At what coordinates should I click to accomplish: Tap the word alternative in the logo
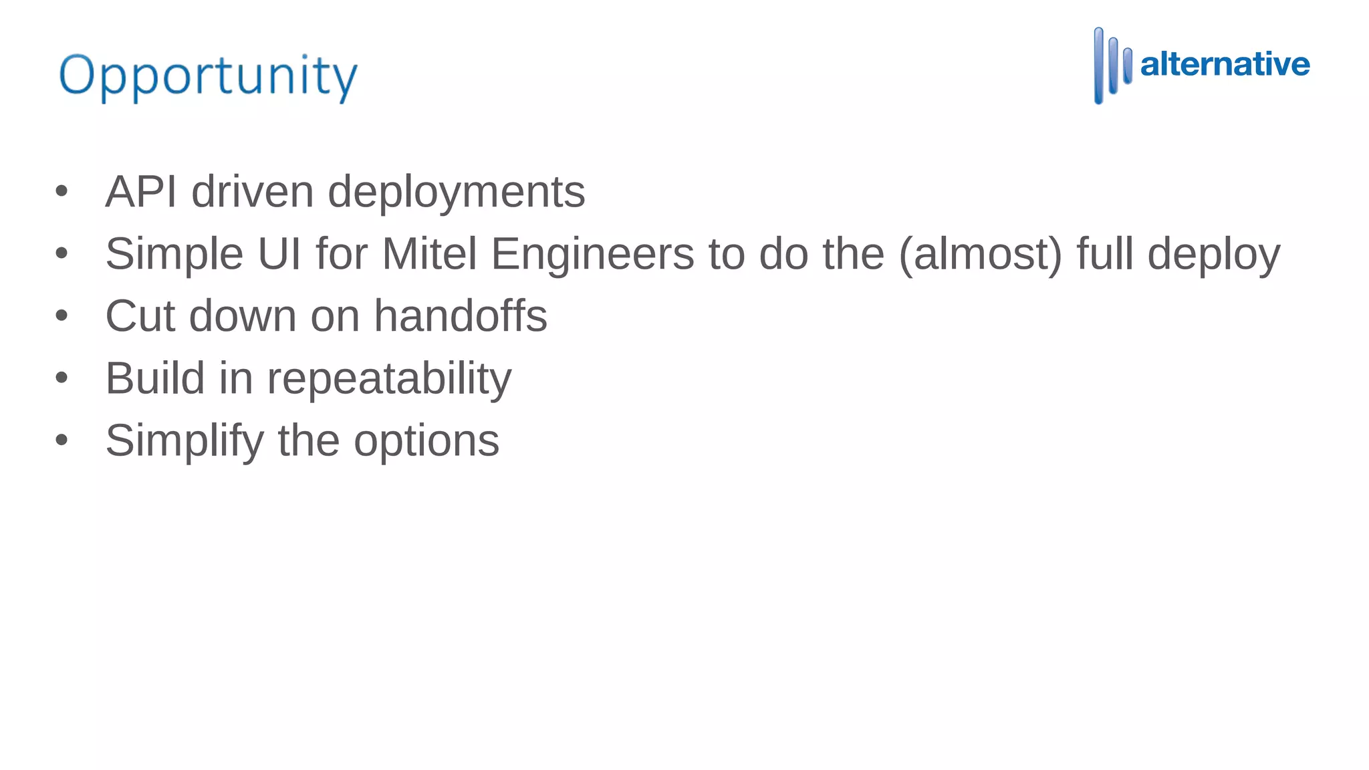pos(1225,64)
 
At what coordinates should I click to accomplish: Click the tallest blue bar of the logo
pos(1098,66)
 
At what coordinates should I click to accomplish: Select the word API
pos(141,192)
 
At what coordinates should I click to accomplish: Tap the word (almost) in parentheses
pos(980,255)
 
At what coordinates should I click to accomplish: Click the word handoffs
pos(460,315)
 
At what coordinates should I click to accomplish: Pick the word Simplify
pos(184,441)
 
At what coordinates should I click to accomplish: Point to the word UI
pos(279,254)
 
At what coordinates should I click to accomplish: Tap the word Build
pos(155,378)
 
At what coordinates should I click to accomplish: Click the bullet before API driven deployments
pos(62,192)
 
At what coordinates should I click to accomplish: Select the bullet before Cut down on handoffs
pos(62,315)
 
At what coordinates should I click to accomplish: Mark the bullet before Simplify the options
pos(62,440)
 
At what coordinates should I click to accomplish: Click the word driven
pos(252,192)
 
